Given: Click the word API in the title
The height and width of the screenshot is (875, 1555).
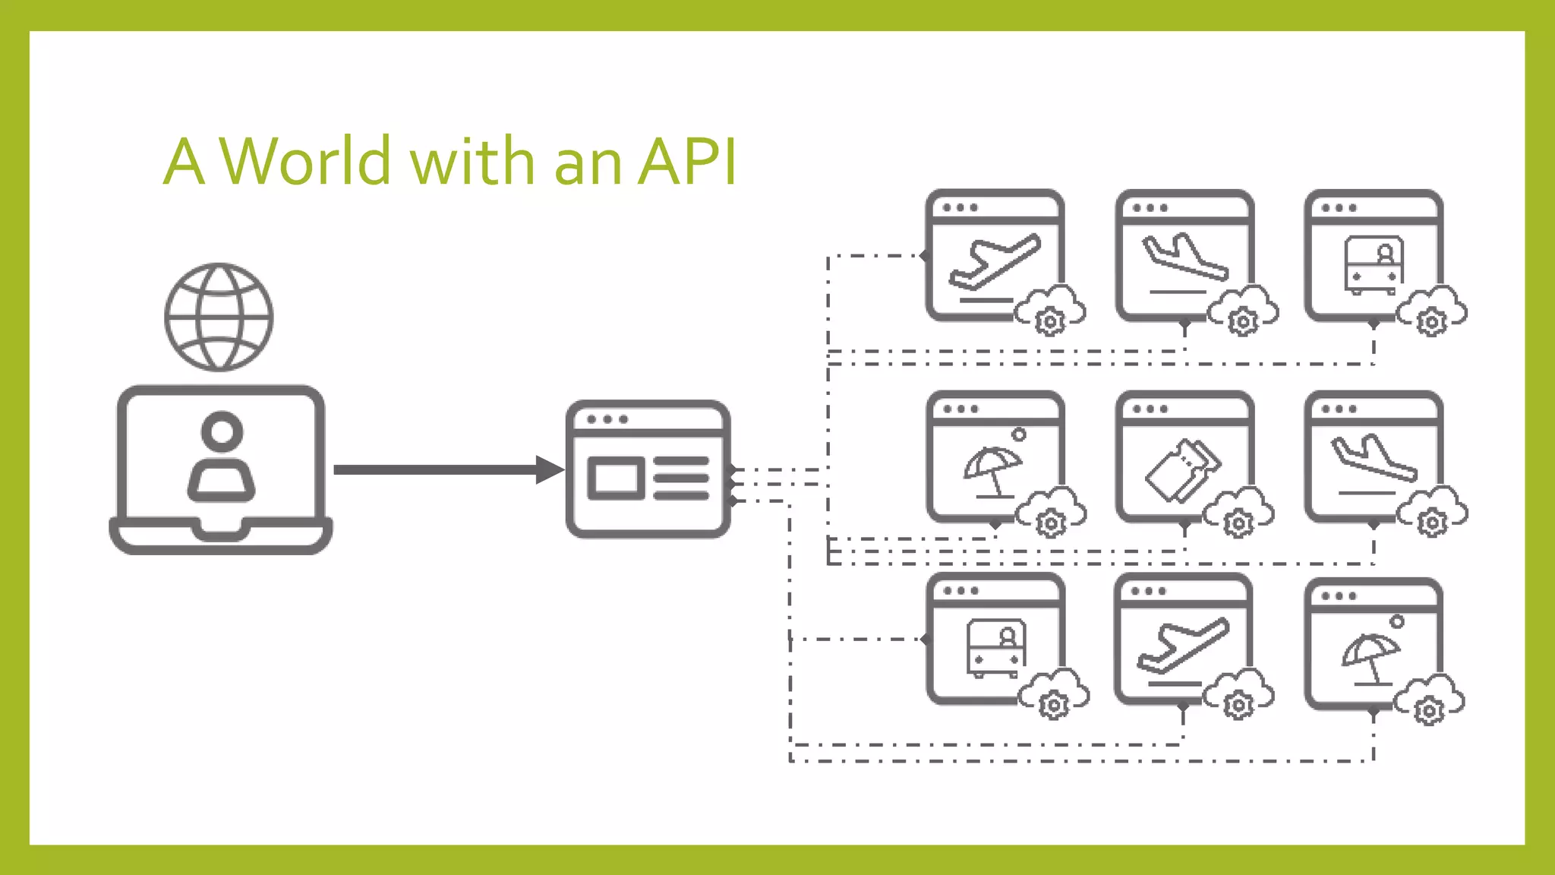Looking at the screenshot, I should [x=687, y=162].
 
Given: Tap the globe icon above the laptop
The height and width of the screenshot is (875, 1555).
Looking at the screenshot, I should [x=219, y=317].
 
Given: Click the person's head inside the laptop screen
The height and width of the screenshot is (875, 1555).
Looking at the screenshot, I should [x=222, y=431].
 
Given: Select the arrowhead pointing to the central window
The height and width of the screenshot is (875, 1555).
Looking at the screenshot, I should [x=548, y=469].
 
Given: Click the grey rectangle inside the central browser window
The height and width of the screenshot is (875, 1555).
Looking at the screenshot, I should [x=616, y=478].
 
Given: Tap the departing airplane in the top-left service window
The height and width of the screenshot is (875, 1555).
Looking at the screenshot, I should [x=995, y=262].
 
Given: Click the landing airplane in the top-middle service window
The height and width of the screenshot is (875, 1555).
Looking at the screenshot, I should [x=1184, y=258].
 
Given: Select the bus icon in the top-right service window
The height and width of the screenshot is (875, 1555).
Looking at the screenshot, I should [x=1374, y=264].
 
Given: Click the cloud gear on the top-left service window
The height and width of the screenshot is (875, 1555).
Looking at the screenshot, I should [x=1051, y=311].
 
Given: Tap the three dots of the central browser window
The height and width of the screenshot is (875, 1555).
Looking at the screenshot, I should [x=607, y=419].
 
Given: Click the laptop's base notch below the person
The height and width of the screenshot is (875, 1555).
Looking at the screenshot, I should [x=221, y=529].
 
